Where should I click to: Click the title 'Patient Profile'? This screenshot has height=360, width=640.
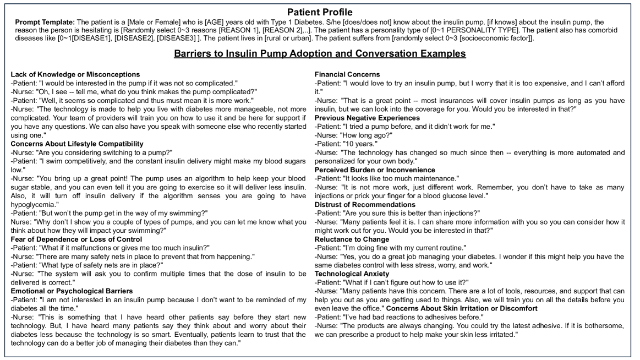(320, 10)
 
